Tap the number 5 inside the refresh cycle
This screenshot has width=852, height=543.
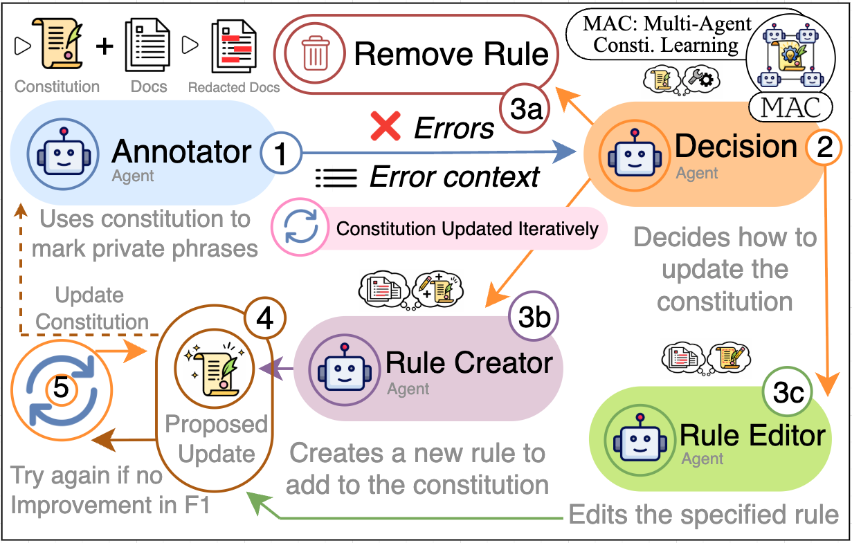click(x=61, y=389)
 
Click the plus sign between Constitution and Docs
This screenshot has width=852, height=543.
click(x=103, y=47)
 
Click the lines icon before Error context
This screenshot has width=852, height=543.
click(x=336, y=178)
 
